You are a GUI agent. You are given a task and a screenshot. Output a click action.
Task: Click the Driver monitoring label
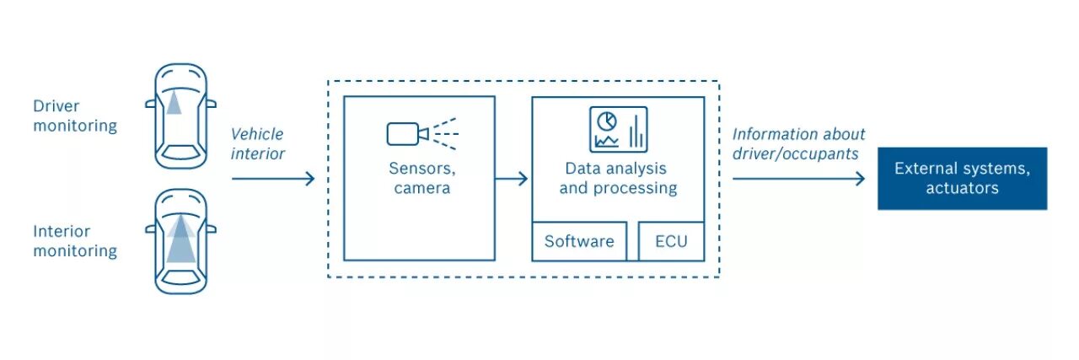pyautogui.click(x=75, y=116)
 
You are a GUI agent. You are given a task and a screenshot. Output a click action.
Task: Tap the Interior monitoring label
pyautogui.click(x=75, y=241)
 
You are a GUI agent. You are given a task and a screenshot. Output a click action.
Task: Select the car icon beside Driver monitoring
pyautogui.click(x=180, y=116)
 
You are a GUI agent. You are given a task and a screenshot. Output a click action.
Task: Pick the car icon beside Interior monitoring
pyautogui.click(x=180, y=241)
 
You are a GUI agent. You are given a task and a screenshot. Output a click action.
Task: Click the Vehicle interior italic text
pyautogui.click(x=257, y=143)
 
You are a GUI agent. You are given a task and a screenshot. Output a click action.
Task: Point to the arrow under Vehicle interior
pyautogui.click(x=272, y=178)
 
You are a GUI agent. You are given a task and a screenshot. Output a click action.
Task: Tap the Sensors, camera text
pyautogui.click(x=420, y=178)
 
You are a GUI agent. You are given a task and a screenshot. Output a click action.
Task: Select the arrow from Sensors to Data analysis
pyautogui.click(x=512, y=178)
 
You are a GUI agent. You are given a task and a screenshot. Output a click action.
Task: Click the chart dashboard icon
pyautogui.click(x=618, y=129)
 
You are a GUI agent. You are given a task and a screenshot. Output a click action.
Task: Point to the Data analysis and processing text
pyautogui.click(x=618, y=178)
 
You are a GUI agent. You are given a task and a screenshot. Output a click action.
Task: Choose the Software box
pyautogui.click(x=579, y=241)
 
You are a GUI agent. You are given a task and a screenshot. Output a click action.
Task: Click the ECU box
pyautogui.click(x=671, y=241)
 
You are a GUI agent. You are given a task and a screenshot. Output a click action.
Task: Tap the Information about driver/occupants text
pyautogui.click(x=797, y=143)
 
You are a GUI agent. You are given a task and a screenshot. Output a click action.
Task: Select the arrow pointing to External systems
pyautogui.click(x=798, y=178)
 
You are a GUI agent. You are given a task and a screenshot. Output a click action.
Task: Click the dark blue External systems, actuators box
pyautogui.click(x=962, y=178)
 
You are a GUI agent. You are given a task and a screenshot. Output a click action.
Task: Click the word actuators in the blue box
pyautogui.click(x=962, y=188)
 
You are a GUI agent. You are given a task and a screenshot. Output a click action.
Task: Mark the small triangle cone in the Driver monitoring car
pyautogui.click(x=174, y=102)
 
